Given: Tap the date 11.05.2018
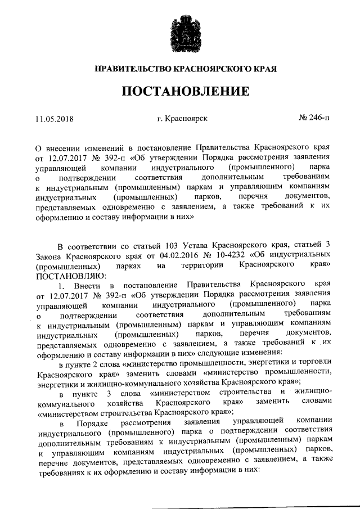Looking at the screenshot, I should pyautogui.click(x=55, y=119).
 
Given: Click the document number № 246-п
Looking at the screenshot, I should pyautogui.click(x=314, y=119).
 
